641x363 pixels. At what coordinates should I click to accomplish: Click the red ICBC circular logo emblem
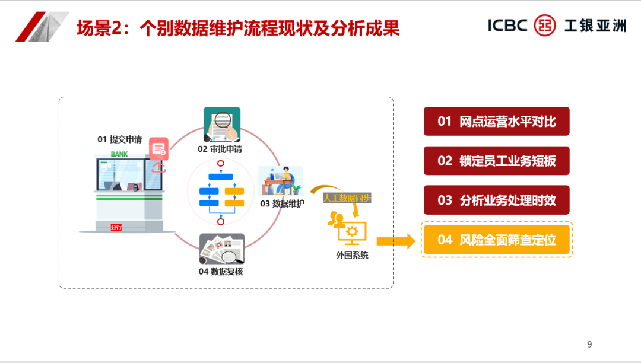pos(545,26)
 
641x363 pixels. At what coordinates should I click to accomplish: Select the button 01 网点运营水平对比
pos(496,122)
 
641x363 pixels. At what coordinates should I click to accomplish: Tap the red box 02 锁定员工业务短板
pos(496,161)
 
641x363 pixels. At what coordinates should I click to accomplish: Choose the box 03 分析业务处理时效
pos(496,200)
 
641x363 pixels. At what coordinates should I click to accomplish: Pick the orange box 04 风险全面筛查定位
pos(496,240)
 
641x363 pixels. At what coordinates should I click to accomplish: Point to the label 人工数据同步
pos(347,198)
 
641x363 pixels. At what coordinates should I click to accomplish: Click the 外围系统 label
pos(352,256)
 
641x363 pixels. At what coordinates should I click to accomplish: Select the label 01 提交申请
pos(120,139)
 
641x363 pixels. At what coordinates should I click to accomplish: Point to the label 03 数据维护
pos(282,203)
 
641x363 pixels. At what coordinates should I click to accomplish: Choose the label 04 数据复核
pos(221,272)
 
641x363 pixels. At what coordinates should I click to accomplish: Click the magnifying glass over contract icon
pos(222,123)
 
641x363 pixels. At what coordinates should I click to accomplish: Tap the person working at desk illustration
pos(281,181)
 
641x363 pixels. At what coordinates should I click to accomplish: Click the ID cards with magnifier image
pos(221,249)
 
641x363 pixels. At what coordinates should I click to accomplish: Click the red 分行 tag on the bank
pos(116,227)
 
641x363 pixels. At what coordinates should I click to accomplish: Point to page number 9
pos(589,345)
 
